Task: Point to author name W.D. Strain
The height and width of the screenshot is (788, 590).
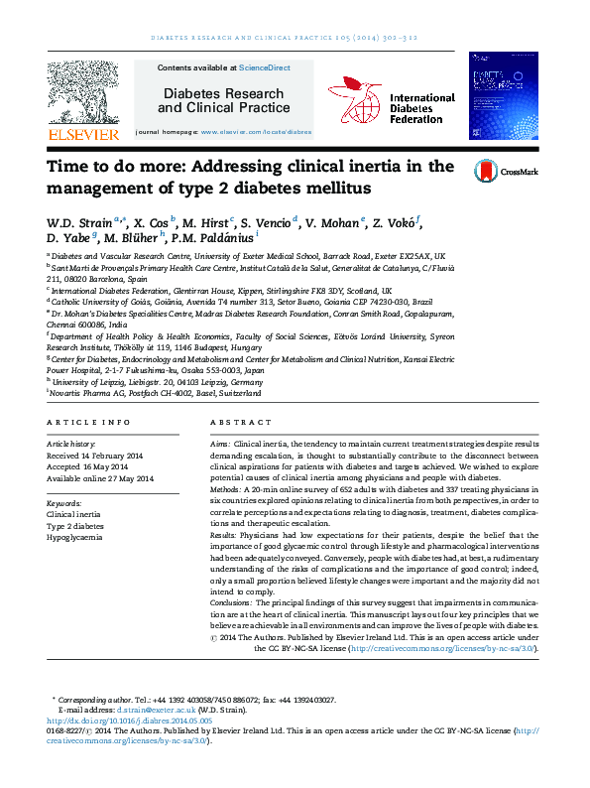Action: [79, 221]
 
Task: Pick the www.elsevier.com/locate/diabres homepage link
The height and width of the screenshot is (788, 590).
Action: [257, 131]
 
